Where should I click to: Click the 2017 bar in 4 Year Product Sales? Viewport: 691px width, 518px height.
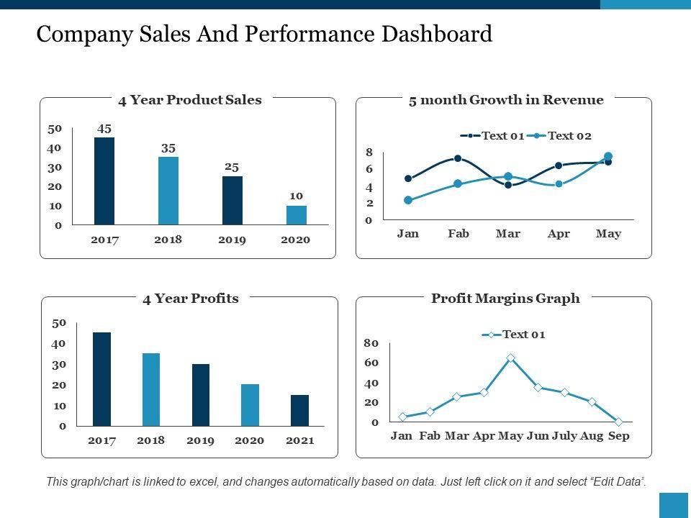click(104, 181)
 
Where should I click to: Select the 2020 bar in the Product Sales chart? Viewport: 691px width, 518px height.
click(297, 215)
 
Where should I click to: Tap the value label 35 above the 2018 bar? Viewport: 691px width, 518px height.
click(168, 148)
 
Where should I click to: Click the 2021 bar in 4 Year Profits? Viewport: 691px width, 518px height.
click(299, 410)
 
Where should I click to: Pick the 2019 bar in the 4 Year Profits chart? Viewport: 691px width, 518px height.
click(201, 395)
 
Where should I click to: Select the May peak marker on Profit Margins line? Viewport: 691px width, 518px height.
click(510, 358)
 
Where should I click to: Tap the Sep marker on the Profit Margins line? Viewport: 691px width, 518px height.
click(618, 422)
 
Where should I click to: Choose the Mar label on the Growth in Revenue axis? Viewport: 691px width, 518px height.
click(508, 234)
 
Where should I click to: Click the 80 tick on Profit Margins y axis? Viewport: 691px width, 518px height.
click(371, 343)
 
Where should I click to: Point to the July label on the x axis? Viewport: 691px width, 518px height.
click(564, 436)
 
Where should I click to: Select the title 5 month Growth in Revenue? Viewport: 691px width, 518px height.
click(505, 100)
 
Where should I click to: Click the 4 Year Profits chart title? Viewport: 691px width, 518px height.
click(190, 299)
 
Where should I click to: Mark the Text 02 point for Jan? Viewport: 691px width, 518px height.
click(408, 200)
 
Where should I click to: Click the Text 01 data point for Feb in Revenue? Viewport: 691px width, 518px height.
click(458, 158)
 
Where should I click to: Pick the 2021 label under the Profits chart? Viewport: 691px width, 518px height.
click(299, 440)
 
